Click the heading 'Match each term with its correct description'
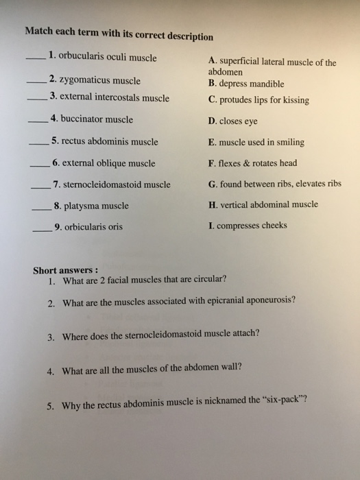(x=119, y=34)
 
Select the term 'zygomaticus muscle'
(x=99, y=80)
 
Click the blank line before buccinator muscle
(x=37, y=123)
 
